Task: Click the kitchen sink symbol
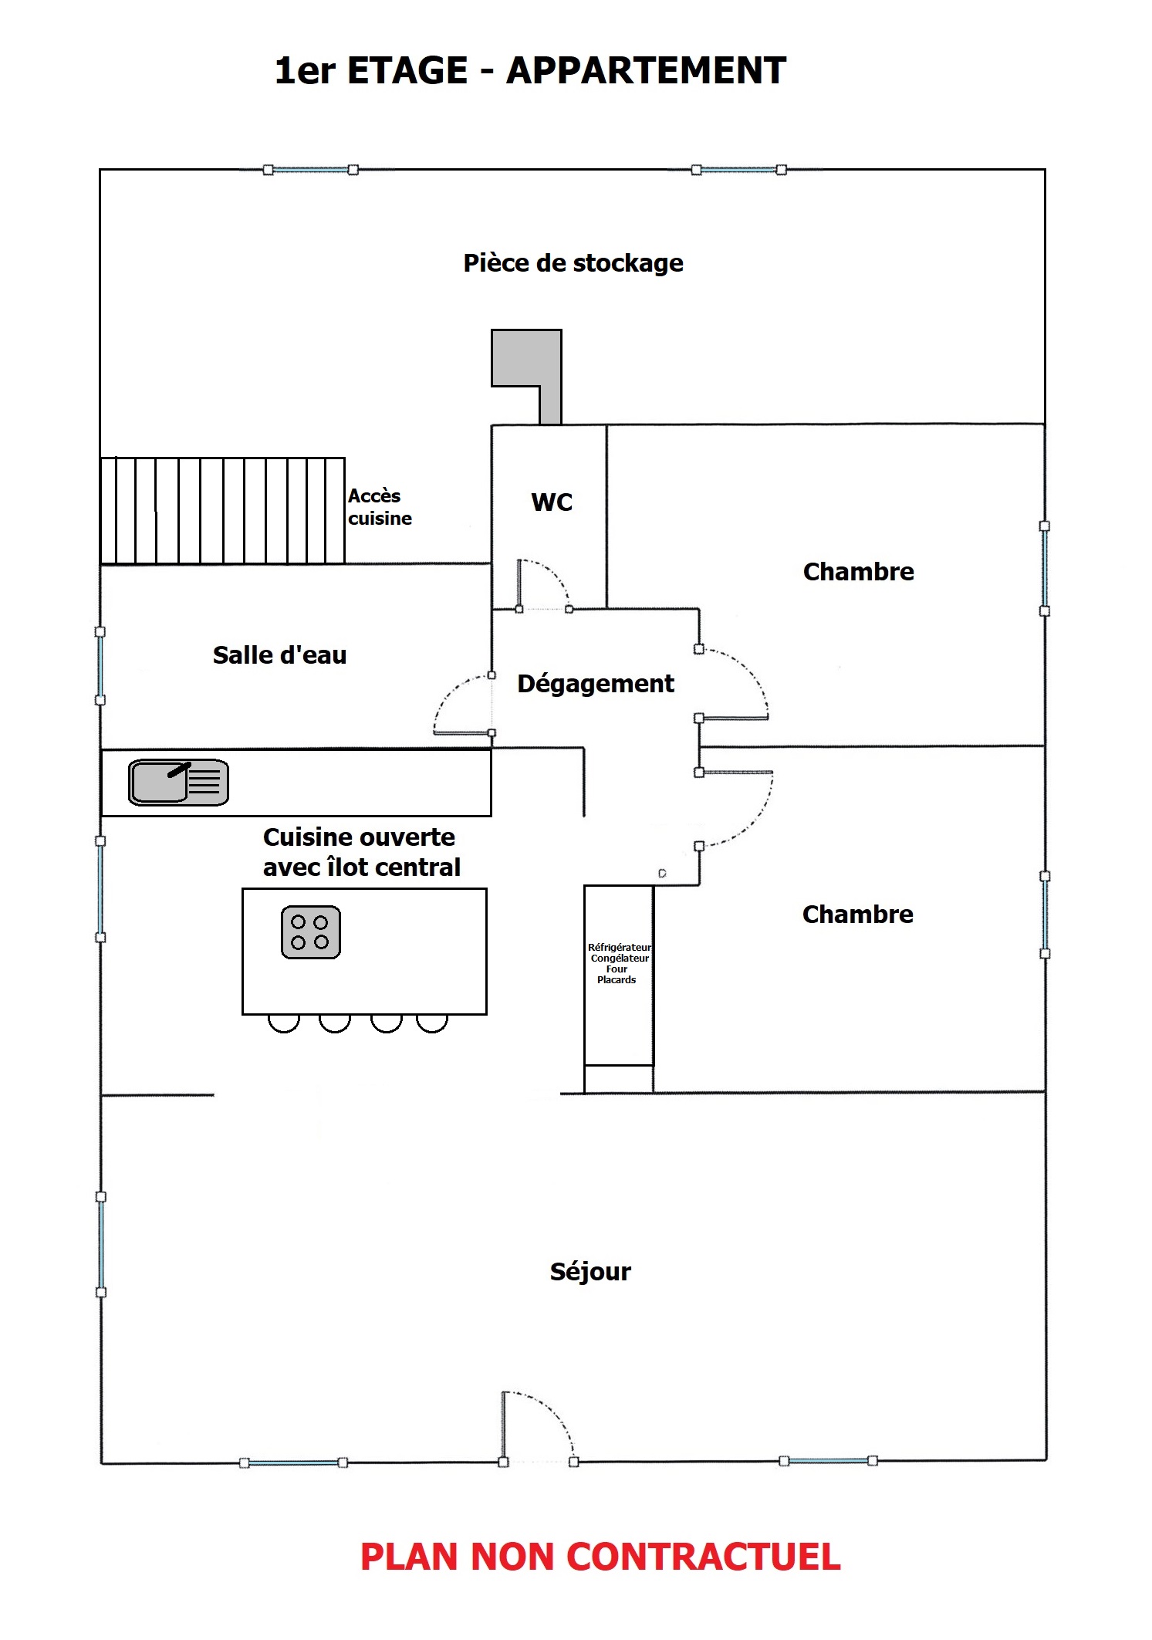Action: pos(178,782)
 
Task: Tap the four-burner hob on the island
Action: pos(311,932)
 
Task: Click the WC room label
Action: pos(552,502)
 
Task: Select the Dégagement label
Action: pos(596,685)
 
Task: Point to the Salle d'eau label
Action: pos(279,655)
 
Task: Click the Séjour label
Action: pos(590,1271)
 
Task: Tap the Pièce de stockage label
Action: pos(573,263)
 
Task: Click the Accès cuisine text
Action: pos(380,507)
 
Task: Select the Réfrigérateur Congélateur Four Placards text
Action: pos(619,963)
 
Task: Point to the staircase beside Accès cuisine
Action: pos(222,511)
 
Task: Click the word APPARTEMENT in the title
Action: pos(646,71)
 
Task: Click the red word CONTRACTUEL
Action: pos(704,1557)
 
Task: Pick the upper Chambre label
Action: pos(858,572)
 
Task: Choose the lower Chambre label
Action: pos(858,915)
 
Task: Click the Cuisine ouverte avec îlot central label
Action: pos(361,852)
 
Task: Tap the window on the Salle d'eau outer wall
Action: pos(100,666)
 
